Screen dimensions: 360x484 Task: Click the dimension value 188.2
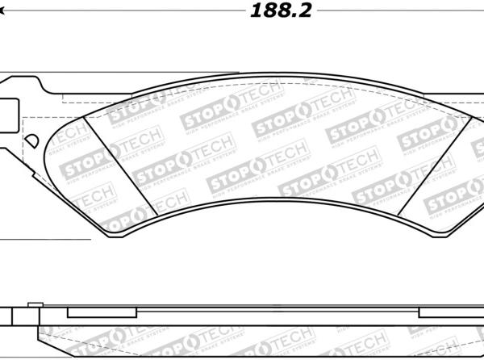click(280, 10)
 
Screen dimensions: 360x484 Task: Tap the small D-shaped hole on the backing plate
click(33, 140)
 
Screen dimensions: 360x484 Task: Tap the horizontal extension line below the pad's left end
click(44, 240)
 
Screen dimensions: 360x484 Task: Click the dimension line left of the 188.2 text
click(121, 12)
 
